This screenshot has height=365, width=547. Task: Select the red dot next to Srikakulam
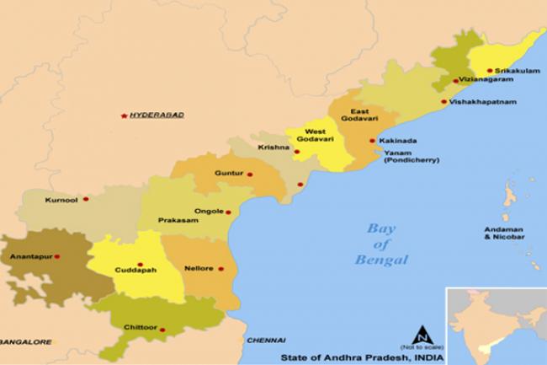(465, 71)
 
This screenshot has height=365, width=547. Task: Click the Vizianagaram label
(486, 81)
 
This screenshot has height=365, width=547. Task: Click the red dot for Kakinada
(372, 141)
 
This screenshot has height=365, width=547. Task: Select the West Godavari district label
(315, 137)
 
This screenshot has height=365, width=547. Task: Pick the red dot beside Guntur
(250, 174)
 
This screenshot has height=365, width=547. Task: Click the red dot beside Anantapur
(57, 256)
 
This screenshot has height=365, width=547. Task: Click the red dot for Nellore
(221, 270)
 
